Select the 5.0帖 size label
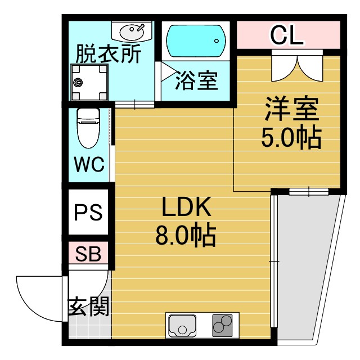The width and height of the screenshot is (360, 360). click(290, 137)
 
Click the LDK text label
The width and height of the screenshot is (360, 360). click(186, 209)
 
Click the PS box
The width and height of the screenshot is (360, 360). click(88, 213)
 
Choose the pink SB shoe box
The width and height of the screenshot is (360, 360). click(88, 254)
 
